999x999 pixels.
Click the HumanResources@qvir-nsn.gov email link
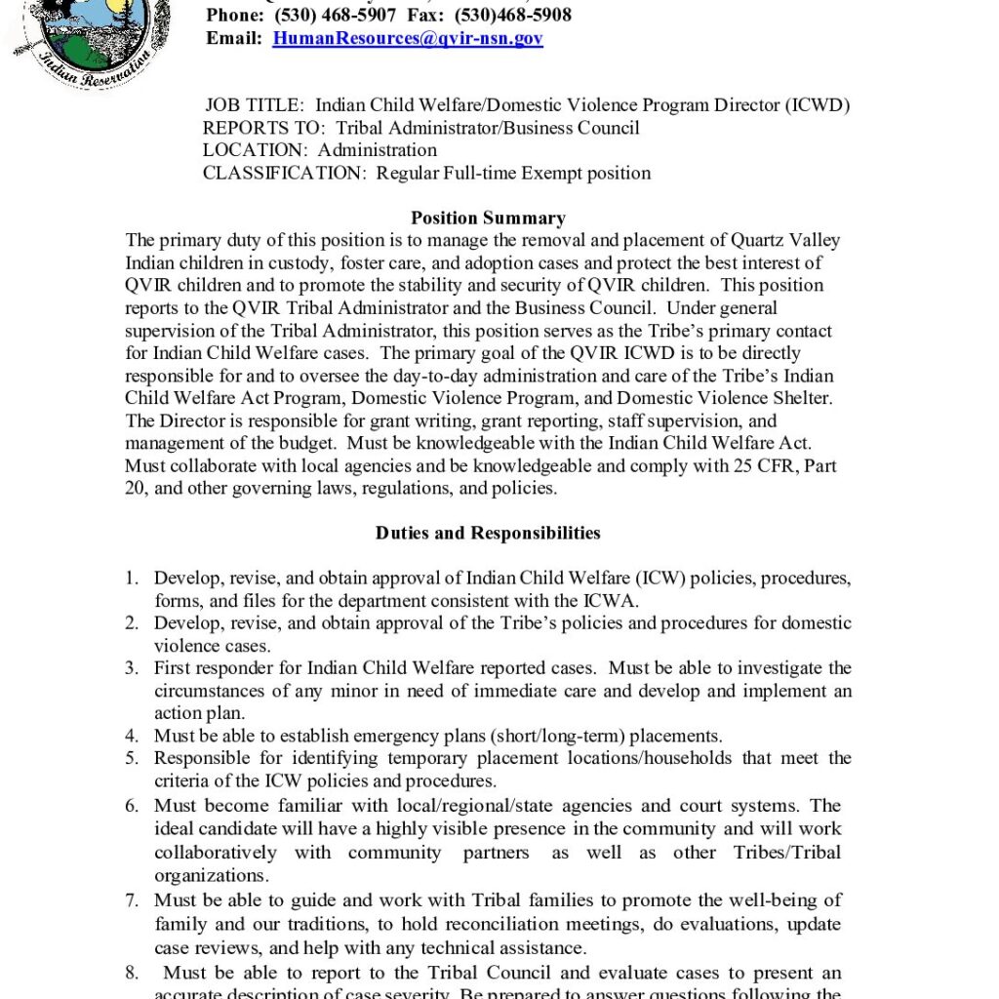[x=408, y=39]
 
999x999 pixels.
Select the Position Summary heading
[x=488, y=219]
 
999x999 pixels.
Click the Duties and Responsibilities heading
[x=488, y=534]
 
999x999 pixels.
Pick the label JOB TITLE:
[x=255, y=105]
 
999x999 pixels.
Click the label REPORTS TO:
[x=264, y=128]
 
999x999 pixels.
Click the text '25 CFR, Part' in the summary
[x=784, y=466]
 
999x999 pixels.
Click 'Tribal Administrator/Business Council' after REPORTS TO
[x=488, y=128]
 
